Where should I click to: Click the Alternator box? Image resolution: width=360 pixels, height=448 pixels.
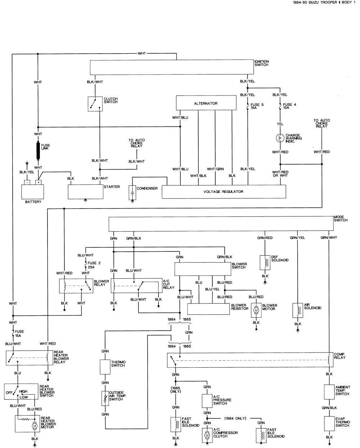tap(206, 103)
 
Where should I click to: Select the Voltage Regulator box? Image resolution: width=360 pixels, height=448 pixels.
tap(224, 192)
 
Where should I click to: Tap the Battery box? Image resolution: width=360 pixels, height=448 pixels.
tap(33, 190)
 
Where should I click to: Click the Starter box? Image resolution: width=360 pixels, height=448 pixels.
tap(85, 192)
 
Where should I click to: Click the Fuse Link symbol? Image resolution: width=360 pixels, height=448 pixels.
tap(38, 151)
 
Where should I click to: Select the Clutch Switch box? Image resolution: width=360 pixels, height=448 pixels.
tap(95, 104)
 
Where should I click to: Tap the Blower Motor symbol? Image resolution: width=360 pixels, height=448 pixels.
tap(256, 310)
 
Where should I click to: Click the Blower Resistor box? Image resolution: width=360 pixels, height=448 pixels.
tap(208, 309)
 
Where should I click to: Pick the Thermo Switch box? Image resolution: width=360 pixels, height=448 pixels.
tap(105, 367)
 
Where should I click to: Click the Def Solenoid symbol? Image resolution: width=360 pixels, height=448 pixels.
tap(265, 263)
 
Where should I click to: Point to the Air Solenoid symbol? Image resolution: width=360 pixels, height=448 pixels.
tap(298, 310)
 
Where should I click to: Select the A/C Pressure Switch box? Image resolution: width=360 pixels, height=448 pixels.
tap(207, 400)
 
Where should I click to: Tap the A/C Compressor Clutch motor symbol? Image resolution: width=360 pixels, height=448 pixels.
tap(207, 435)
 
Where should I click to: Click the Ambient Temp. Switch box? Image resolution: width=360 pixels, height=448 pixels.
tap(329, 391)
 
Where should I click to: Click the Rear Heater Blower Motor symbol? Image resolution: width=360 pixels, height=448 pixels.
tap(35, 426)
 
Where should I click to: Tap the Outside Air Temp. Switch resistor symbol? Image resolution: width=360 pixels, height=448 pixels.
tap(105, 398)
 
